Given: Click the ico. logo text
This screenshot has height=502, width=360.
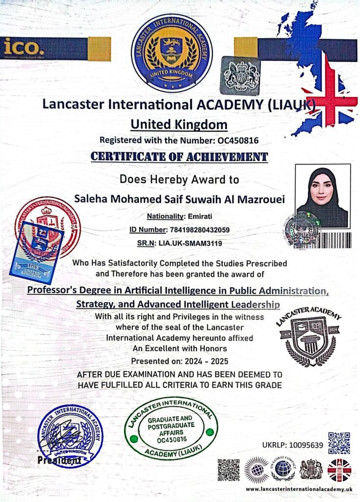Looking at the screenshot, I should (x=25, y=47).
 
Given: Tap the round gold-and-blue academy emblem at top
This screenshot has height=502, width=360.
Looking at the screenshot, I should (x=171, y=52).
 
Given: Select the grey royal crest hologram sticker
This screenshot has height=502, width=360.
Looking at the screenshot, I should (x=240, y=75).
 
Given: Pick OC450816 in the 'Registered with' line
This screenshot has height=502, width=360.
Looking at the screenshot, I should (x=238, y=140).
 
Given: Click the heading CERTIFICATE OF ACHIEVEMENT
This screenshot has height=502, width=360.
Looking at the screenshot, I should (x=180, y=157).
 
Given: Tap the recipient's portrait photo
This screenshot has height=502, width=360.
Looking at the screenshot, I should (x=323, y=196).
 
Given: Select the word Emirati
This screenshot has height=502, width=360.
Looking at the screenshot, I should (x=200, y=216).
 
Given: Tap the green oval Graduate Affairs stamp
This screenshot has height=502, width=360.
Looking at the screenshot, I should (x=171, y=428).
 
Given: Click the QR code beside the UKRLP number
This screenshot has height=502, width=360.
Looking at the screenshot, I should (x=339, y=443).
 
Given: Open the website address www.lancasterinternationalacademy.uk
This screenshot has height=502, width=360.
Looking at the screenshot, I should (x=299, y=489).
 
